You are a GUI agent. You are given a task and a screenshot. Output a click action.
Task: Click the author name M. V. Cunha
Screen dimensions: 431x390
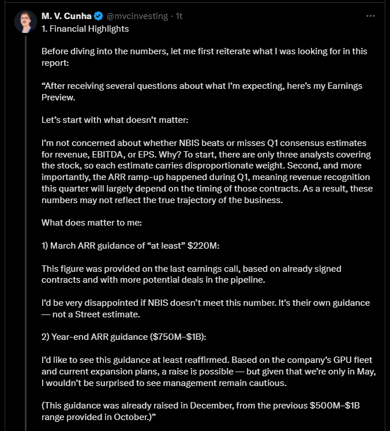(66, 16)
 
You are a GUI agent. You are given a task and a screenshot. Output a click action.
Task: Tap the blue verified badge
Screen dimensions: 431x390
(99, 16)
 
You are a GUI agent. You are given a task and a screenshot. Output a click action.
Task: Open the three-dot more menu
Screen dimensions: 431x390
(371, 16)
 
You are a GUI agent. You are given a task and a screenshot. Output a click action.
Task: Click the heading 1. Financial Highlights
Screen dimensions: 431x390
(85, 28)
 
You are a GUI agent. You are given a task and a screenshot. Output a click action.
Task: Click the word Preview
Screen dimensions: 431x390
(59, 97)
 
